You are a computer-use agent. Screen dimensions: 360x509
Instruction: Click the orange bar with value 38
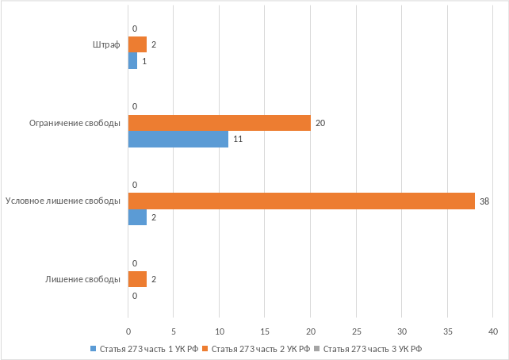[301, 201]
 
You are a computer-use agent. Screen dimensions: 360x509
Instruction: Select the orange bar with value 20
[219, 123]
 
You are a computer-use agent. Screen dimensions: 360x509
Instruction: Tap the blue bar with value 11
[178, 140]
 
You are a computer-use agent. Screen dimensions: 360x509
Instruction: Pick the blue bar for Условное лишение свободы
[137, 217]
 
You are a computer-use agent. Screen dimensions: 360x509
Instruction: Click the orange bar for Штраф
[137, 44]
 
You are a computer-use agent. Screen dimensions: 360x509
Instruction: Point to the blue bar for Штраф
[132, 61]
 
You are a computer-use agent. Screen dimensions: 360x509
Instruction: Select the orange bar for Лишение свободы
[137, 279]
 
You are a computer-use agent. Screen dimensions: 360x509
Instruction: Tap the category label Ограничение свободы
[75, 123]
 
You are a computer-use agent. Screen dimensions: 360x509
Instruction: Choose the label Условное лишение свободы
[63, 201]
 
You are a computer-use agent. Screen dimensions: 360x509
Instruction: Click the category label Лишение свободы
[82, 279]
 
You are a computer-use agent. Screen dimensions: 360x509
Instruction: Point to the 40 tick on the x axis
[493, 330]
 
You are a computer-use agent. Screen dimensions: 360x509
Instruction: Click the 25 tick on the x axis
[356, 330]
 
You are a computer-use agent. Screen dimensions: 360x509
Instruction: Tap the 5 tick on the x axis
[174, 330]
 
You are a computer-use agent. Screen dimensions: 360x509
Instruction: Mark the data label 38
[485, 201]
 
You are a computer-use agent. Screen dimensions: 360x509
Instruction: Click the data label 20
[320, 123]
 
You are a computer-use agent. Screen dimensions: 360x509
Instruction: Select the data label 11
[237, 140]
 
